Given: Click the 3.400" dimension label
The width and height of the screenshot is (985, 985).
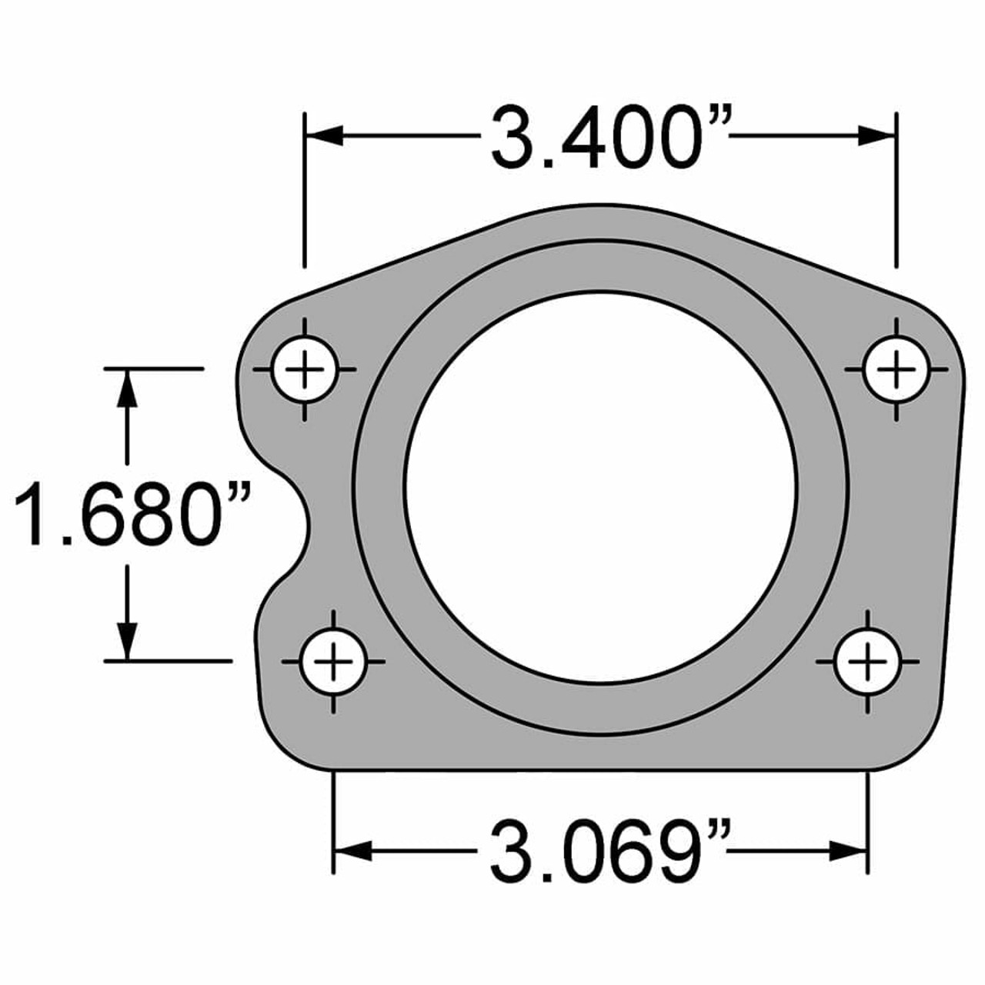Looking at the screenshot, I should coord(608,139).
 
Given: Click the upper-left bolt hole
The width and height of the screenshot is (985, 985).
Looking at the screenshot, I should coord(306,370).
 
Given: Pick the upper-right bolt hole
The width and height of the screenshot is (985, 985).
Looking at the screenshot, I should coord(896,370).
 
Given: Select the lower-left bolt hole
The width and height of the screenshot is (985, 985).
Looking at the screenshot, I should coord(333,661).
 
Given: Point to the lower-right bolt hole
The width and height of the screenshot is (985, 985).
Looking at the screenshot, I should coord(867,661).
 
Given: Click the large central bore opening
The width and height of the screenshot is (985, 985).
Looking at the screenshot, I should coord(601,488).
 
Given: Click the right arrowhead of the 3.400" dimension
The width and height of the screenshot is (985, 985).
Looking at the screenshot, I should coord(877,136).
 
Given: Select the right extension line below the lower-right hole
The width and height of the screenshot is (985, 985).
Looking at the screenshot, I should coord(867,823).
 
